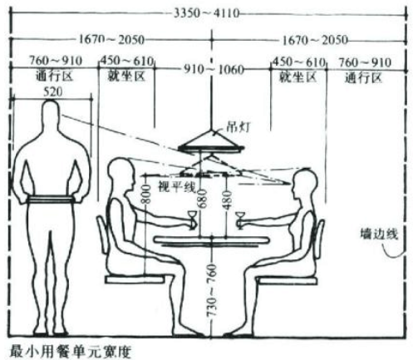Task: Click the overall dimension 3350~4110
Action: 206,13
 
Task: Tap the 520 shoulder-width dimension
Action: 52,92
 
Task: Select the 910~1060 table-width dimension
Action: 214,70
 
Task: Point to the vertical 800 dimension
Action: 147,194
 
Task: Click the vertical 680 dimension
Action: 202,199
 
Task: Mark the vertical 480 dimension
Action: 227,200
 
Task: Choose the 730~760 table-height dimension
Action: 212,290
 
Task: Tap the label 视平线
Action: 176,186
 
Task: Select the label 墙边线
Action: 379,234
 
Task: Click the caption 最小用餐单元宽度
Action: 70,352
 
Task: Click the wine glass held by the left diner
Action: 193,219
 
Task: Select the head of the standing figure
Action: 51,111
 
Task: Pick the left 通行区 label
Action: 54,76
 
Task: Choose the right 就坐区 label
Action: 297,77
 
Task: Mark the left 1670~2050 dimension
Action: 111,40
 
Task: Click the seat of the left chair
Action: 135,279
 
